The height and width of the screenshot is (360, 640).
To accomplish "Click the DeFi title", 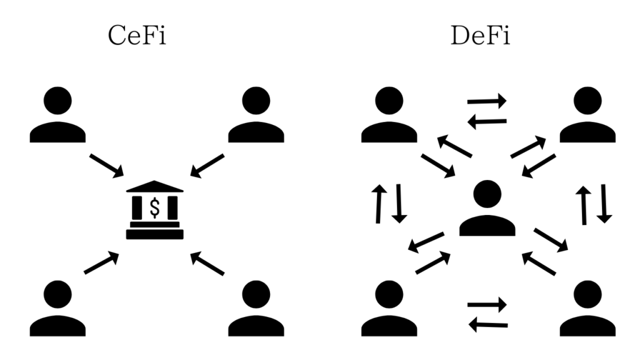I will (x=481, y=37).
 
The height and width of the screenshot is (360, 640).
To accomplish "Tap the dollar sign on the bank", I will (x=154, y=207).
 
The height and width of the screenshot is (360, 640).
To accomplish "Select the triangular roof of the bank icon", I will (x=154, y=187).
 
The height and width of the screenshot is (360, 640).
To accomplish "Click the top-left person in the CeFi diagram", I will (x=57, y=116).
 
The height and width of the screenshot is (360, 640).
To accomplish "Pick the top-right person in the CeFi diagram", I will (x=256, y=116).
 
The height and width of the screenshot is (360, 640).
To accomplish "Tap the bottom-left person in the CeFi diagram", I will (x=57, y=309).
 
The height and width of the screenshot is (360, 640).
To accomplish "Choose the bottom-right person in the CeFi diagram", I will (x=256, y=309).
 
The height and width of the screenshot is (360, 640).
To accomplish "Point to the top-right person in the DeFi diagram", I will (x=587, y=116).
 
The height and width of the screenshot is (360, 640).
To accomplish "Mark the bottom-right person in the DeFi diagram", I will (x=587, y=309).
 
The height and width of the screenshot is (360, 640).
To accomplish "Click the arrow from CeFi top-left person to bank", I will (x=107, y=166).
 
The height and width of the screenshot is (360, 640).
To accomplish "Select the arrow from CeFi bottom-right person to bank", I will (x=207, y=262).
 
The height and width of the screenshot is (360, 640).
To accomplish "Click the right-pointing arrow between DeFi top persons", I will (x=487, y=101).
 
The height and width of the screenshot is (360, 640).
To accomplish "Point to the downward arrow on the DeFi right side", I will (x=602, y=203).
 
